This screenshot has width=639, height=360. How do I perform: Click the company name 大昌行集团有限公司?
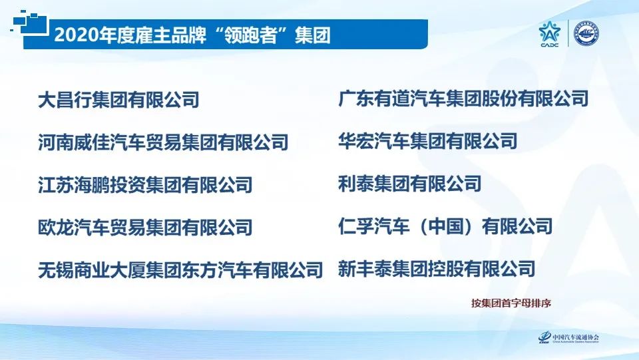118,100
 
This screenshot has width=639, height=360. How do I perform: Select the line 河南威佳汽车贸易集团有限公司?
163,142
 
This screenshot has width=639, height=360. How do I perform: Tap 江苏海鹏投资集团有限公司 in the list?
145,184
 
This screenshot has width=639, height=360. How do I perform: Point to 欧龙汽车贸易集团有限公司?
145,227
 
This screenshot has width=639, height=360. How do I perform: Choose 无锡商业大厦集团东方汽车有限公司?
180,270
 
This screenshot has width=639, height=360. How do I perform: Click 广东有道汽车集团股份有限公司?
463,99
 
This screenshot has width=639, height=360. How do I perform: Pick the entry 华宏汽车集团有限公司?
427,140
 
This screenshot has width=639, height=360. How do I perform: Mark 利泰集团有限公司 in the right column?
409,182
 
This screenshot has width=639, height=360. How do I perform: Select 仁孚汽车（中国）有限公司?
445,226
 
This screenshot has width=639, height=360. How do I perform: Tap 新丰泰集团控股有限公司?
436,268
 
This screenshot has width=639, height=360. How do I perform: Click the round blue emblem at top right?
586,34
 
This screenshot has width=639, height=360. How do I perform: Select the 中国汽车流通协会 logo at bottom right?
569,338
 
